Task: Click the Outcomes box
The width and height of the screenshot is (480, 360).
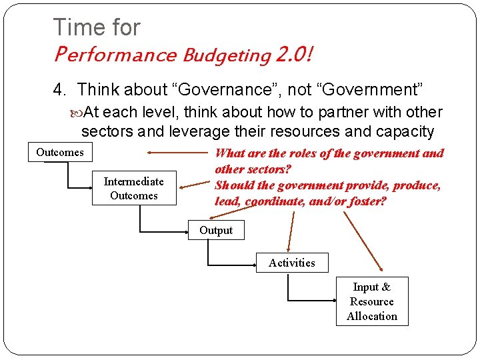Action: click(x=60, y=152)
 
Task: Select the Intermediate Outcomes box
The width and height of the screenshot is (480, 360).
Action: click(x=133, y=188)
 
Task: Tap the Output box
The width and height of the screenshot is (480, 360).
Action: click(x=216, y=230)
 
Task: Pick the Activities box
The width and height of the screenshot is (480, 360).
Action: click(x=291, y=263)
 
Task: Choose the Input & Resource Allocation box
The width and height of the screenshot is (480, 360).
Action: click(x=372, y=301)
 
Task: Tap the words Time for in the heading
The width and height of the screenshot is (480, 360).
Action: click(x=97, y=27)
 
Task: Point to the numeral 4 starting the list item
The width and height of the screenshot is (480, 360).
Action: click(x=58, y=89)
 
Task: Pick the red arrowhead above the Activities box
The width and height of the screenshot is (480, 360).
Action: click(x=290, y=248)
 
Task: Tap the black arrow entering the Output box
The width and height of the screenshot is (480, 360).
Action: click(x=183, y=231)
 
